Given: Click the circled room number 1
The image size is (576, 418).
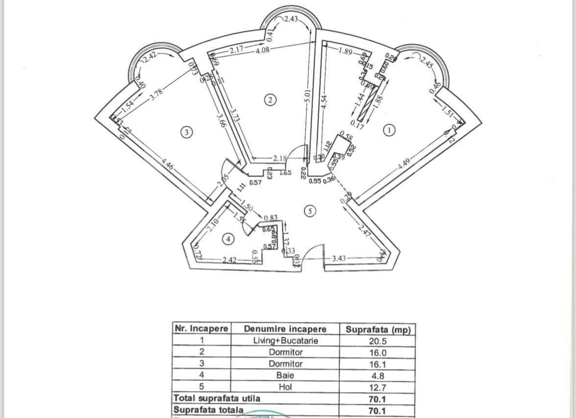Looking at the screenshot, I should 389,130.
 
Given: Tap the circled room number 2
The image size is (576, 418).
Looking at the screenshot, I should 270,100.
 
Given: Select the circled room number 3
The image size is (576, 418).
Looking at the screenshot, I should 186,132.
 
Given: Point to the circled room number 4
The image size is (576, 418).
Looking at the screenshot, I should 228,239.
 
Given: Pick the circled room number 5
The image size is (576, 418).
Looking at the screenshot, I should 310,211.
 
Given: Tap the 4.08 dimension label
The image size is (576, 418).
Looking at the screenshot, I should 263,50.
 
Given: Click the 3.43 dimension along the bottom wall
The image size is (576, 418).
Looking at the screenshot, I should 339,258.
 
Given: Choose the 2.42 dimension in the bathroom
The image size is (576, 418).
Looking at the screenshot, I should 229,260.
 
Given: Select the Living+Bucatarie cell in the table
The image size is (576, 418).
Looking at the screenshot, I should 286,341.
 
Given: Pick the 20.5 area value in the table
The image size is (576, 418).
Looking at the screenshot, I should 377,341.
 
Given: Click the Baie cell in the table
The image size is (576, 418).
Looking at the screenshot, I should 286,375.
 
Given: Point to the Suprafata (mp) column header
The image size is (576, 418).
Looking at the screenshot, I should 378,329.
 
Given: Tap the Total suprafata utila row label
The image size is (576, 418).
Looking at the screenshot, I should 217,398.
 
